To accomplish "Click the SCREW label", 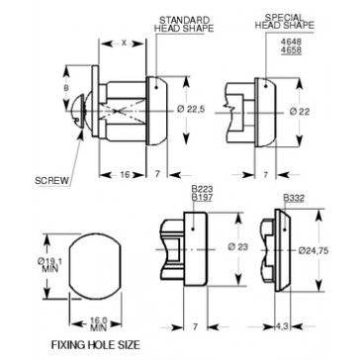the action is (52, 181).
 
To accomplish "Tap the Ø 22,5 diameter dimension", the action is (191, 110).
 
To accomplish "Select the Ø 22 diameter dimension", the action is (300, 112).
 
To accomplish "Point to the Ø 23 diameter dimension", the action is (237, 246).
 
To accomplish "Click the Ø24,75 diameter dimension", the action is (314, 251).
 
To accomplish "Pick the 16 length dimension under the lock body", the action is (125, 175).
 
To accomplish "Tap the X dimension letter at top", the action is (124, 43).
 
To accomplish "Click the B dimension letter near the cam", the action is (66, 88).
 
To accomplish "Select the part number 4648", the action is (291, 43).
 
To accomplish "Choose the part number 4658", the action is (291, 50).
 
